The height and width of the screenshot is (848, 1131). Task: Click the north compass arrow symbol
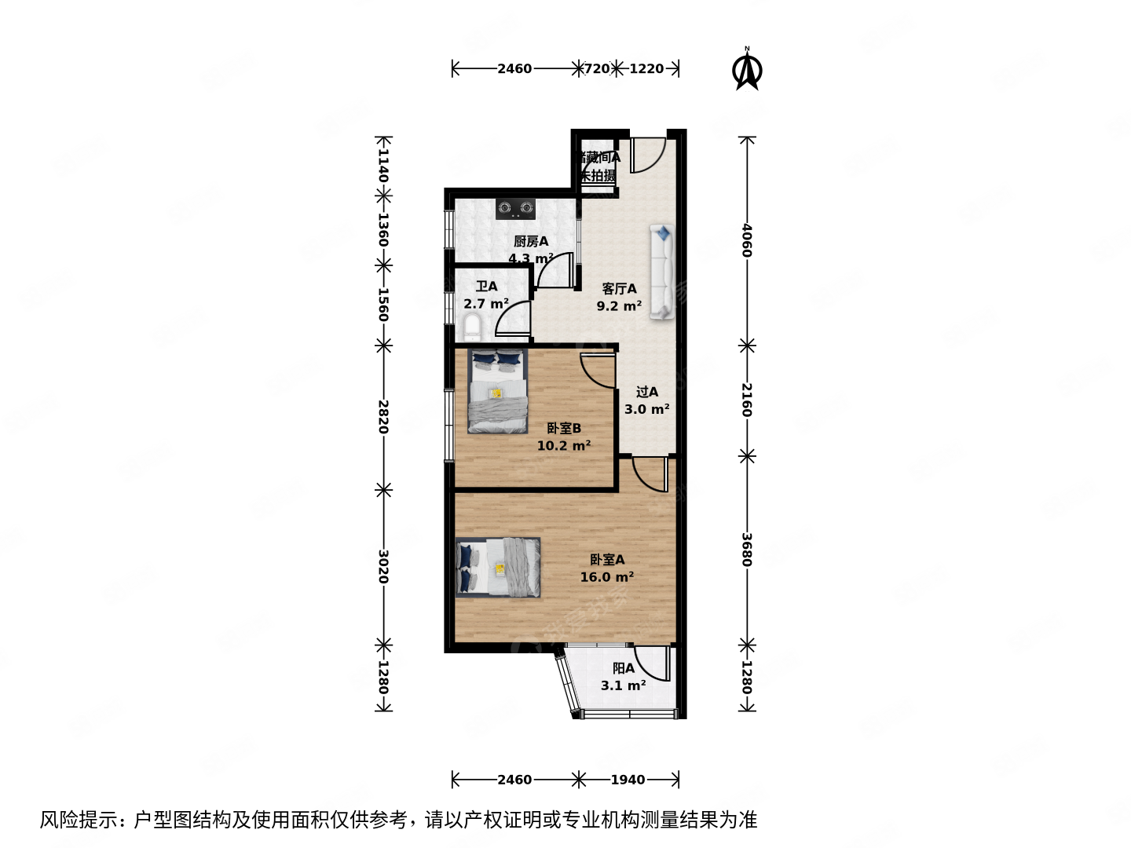click(x=747, y=71)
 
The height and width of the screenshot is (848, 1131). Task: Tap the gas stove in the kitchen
click(x=515, y=209)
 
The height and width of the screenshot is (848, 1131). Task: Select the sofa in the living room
click(x=662, y=272)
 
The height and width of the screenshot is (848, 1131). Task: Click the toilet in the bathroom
click(x=472, y=327)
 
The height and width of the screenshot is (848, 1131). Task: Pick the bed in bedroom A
click(x=498, y=568)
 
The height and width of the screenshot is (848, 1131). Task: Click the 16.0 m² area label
click(x=606, y=577)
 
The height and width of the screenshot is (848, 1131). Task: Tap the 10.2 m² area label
click(x=563, y=446)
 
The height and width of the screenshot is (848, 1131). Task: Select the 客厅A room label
click(x=619, y=289)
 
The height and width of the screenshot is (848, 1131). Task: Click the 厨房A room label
click(x=531, y=242)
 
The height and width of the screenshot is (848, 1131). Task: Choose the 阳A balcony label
click(x=624, y=668)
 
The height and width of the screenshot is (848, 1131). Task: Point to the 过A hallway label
click(x=647, y=392)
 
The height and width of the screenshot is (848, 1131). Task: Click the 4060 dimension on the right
click(x=747, y=240)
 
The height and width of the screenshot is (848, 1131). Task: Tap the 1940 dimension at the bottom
click(x=628, y=780)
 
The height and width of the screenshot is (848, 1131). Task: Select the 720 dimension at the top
click(x=597, y=69)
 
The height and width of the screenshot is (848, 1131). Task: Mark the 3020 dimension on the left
click(x=383, y=565)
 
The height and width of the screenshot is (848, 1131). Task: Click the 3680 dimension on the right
click(x=747, y=550)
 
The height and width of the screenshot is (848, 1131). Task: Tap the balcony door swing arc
click(x=651, y=664)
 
